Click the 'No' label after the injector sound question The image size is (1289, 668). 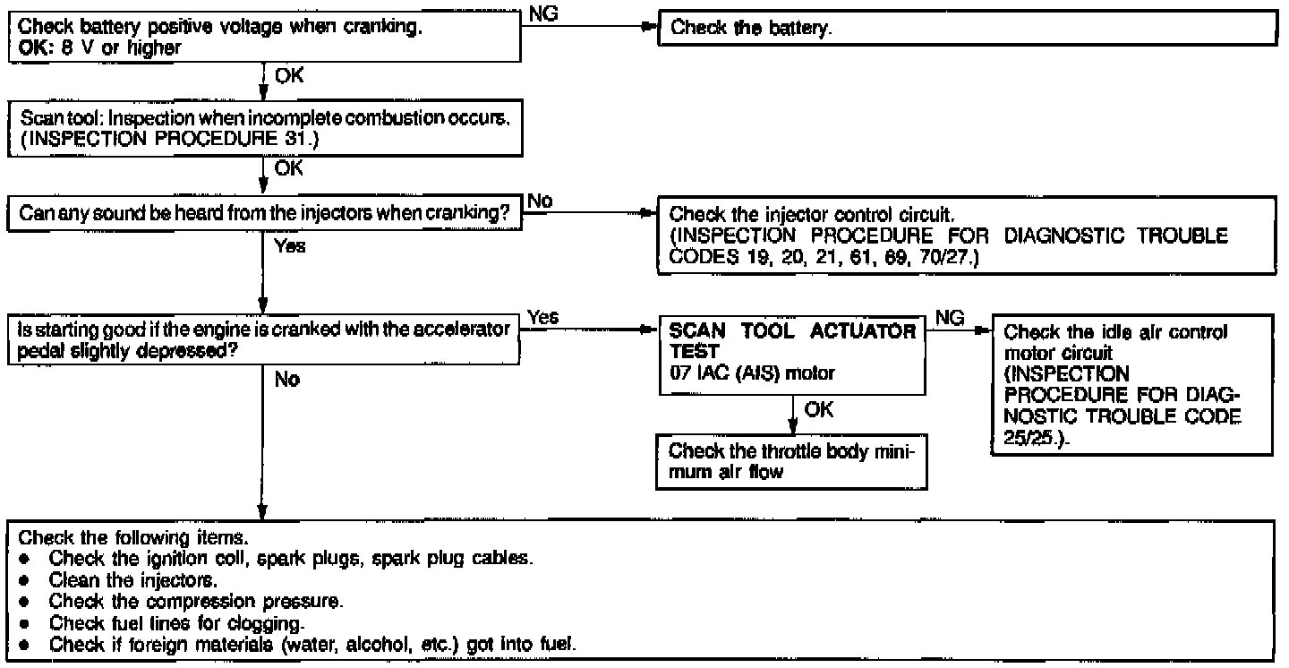[540, 203]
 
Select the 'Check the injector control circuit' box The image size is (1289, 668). [965, 234]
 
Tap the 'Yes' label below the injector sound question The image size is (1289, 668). [290, 247]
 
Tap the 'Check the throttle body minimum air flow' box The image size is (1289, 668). [792, 461]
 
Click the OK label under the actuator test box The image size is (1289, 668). [819, 409]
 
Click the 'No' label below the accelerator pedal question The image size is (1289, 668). [287, 380]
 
